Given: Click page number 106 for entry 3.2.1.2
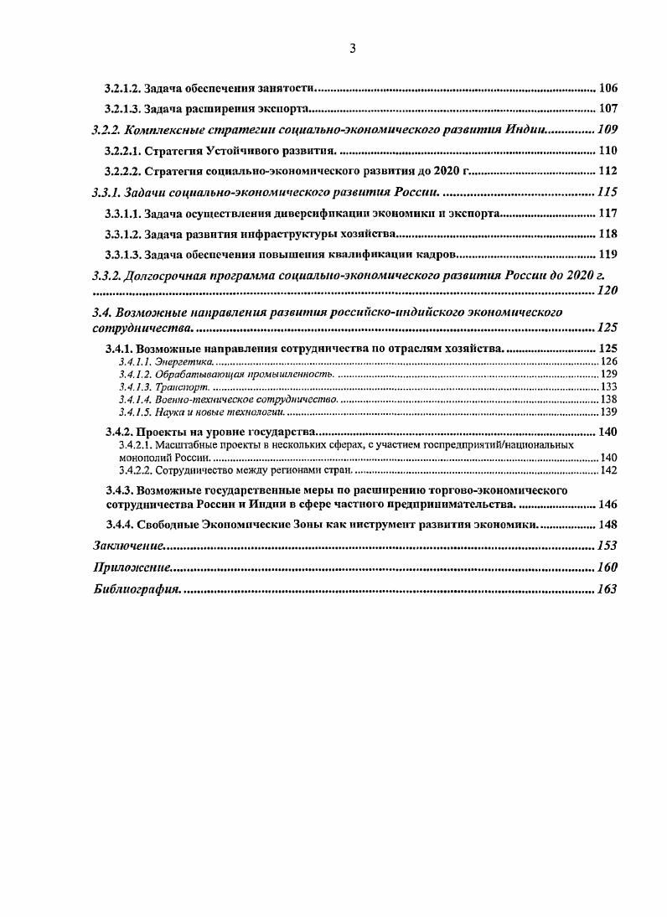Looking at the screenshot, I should (x=608, y=88).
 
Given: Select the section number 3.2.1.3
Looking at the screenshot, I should (x=122, y=109).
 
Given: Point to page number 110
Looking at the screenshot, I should (x=608, y=151).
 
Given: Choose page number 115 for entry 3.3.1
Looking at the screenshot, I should (x=606, y=193).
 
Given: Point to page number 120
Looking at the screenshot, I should (x=606, y=291).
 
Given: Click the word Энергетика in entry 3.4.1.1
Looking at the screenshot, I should (x=179, y=361).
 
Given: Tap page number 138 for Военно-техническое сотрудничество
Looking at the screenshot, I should (x=609, y=400).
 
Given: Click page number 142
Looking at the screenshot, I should (x=609, y=471).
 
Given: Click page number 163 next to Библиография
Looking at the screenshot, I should (x=606, y=589).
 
